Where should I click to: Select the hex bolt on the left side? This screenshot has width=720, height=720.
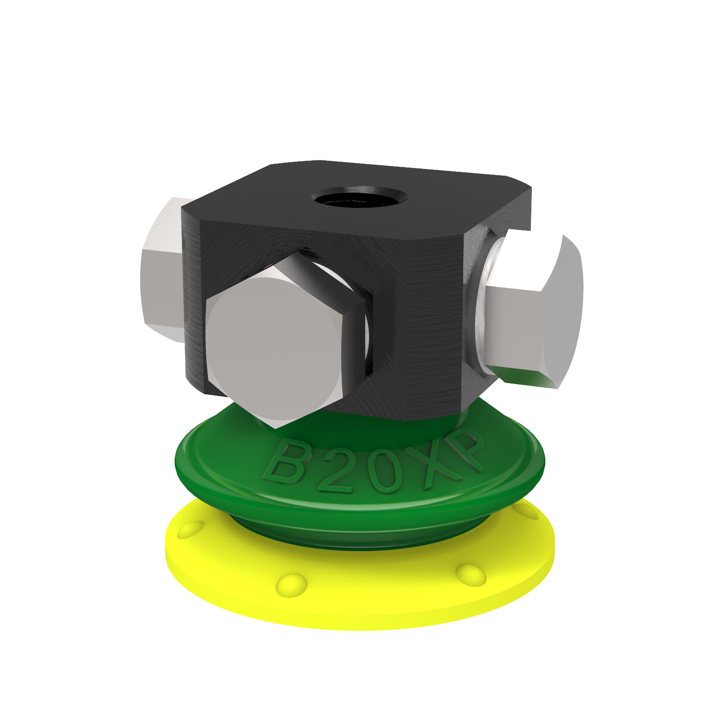tap(161, 269)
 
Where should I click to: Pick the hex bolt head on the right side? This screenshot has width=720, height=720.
tap(538, 312)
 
